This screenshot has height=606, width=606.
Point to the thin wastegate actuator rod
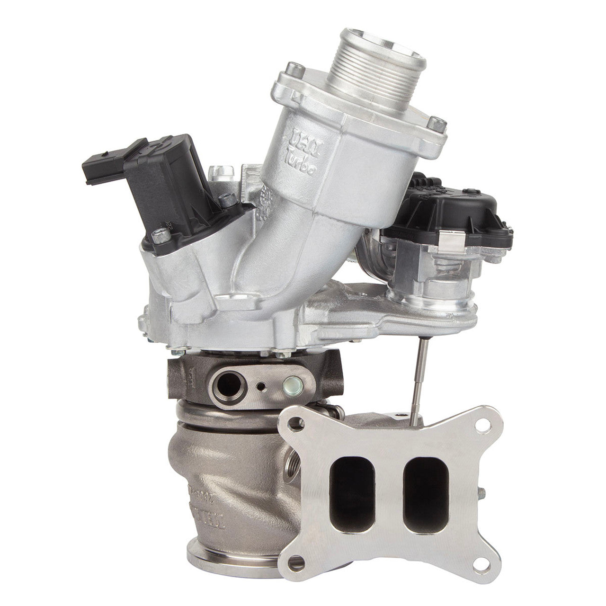419,374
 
